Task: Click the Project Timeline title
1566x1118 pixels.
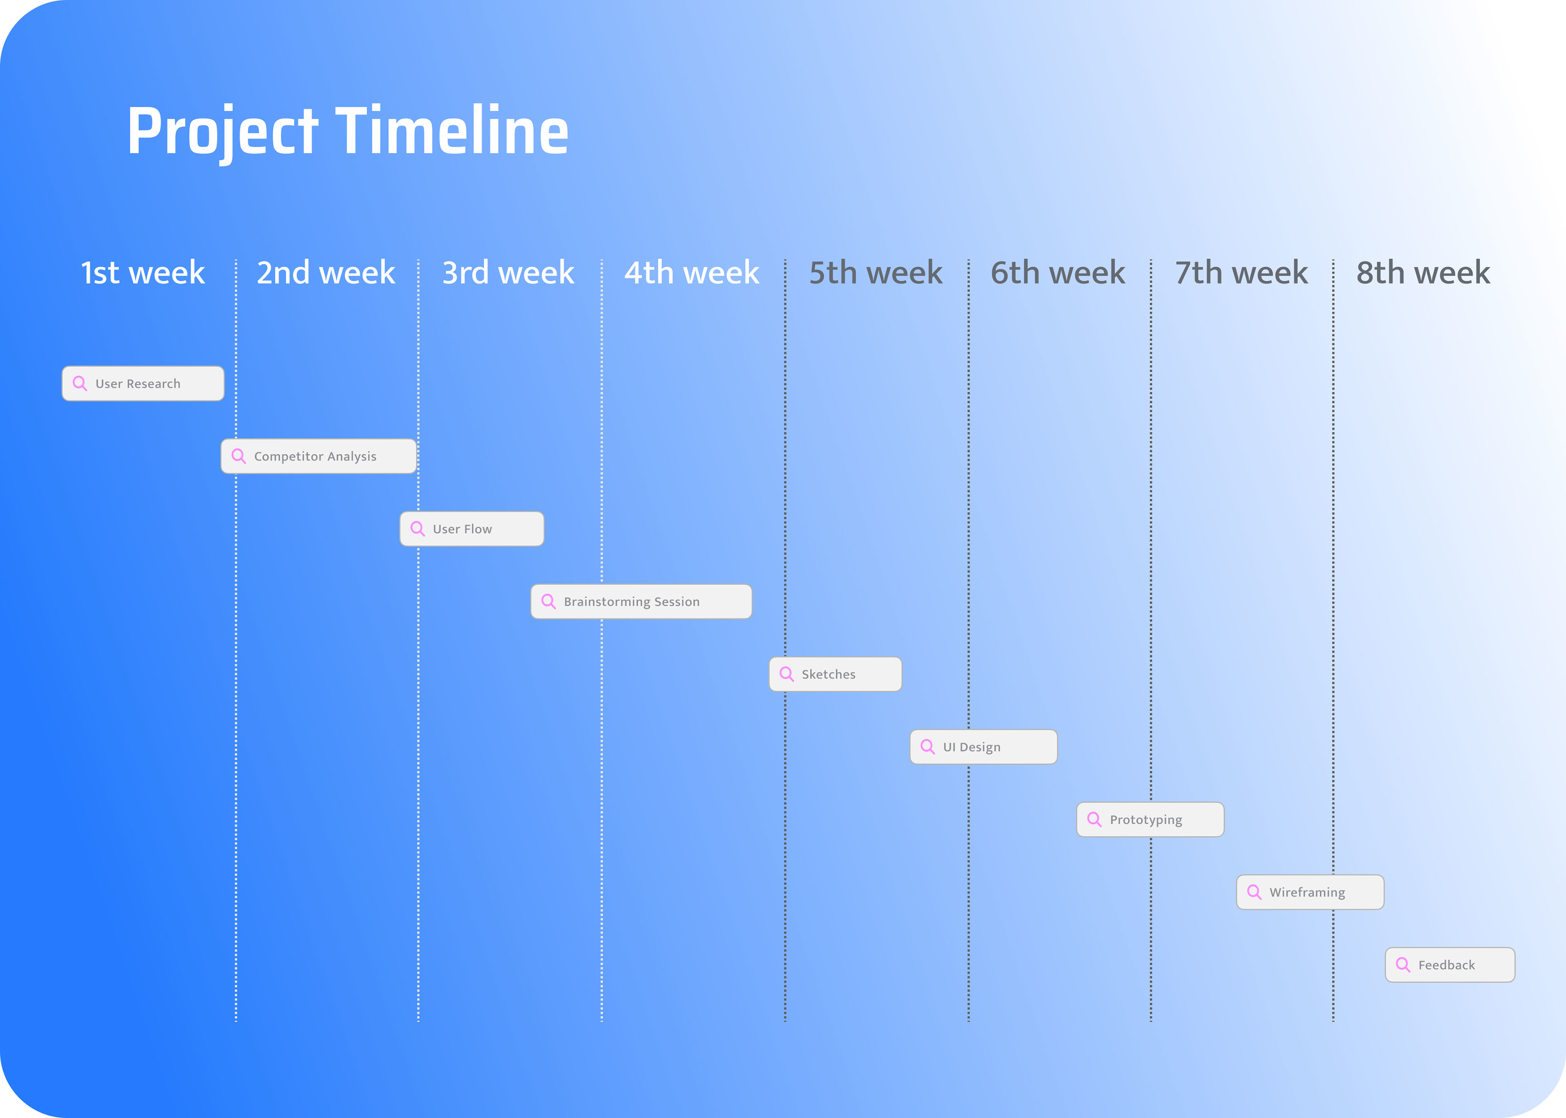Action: point(348,131)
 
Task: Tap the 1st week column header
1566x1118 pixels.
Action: point(143,273)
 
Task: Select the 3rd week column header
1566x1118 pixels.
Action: point(508,273)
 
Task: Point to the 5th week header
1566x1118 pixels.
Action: point(875,273)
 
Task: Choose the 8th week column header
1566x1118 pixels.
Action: point(1423,273)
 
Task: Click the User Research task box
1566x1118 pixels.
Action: point(143,384)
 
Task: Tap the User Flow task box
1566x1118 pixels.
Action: point(472,529)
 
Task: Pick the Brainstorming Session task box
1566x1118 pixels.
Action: point(641,602)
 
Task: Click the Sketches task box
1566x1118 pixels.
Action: point(835,674)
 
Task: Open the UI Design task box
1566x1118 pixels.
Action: point(983,747)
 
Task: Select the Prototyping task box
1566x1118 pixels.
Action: point(1150,819)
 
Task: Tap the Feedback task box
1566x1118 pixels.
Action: point(1450,964)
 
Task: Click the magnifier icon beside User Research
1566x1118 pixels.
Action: point(80,384)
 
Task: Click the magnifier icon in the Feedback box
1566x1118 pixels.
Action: point(1403,964)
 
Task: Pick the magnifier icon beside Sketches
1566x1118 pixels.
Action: point(786,674)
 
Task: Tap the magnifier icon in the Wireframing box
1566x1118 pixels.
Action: point(1254,892)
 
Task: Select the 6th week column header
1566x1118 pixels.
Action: point(1058,273)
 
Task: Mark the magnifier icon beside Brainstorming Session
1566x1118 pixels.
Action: point(548,602)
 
